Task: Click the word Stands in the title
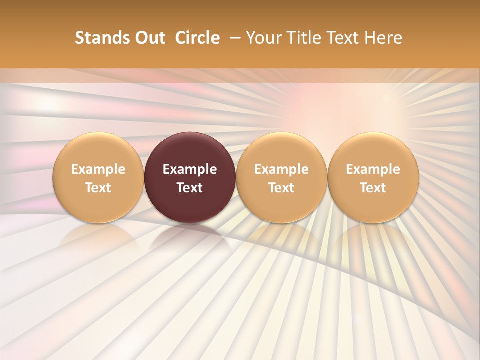click(102, 38)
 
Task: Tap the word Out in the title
click(149, 38)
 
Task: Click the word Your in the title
click(264, 38)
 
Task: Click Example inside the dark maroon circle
click(190, 169)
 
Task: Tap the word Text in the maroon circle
click(190, 188)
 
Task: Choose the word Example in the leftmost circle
click(98, 169)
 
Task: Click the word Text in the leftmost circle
click(98, 188)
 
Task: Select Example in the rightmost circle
click(373, 169)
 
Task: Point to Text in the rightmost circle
click(373, 188)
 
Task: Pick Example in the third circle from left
click(281, 169)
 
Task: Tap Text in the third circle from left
click(281, 188)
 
